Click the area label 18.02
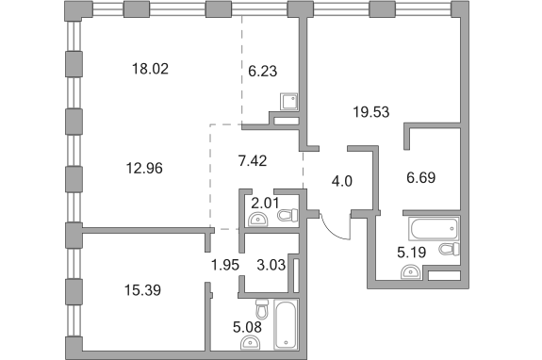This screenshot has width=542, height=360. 150,69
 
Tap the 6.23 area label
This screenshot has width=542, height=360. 263,72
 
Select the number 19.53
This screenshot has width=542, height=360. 370,112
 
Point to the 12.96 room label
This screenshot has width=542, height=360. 144,169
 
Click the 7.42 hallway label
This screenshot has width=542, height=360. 253,161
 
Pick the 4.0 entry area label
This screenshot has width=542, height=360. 342,181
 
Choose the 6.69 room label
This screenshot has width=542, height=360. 420,177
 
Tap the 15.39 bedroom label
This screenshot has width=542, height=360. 142,290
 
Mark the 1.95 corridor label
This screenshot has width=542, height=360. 225,265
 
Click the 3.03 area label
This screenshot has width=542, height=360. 271,265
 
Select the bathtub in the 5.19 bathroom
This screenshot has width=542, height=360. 434,228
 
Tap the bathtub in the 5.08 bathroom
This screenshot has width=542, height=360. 286,324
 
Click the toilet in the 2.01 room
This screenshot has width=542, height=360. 287,215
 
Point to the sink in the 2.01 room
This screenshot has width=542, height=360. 258,220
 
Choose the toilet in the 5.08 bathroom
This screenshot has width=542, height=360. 262,309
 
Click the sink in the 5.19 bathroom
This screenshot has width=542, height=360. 411,271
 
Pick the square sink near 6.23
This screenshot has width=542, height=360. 288,101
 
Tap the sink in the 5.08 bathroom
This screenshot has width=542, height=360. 250,343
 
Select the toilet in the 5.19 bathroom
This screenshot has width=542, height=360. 449,249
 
